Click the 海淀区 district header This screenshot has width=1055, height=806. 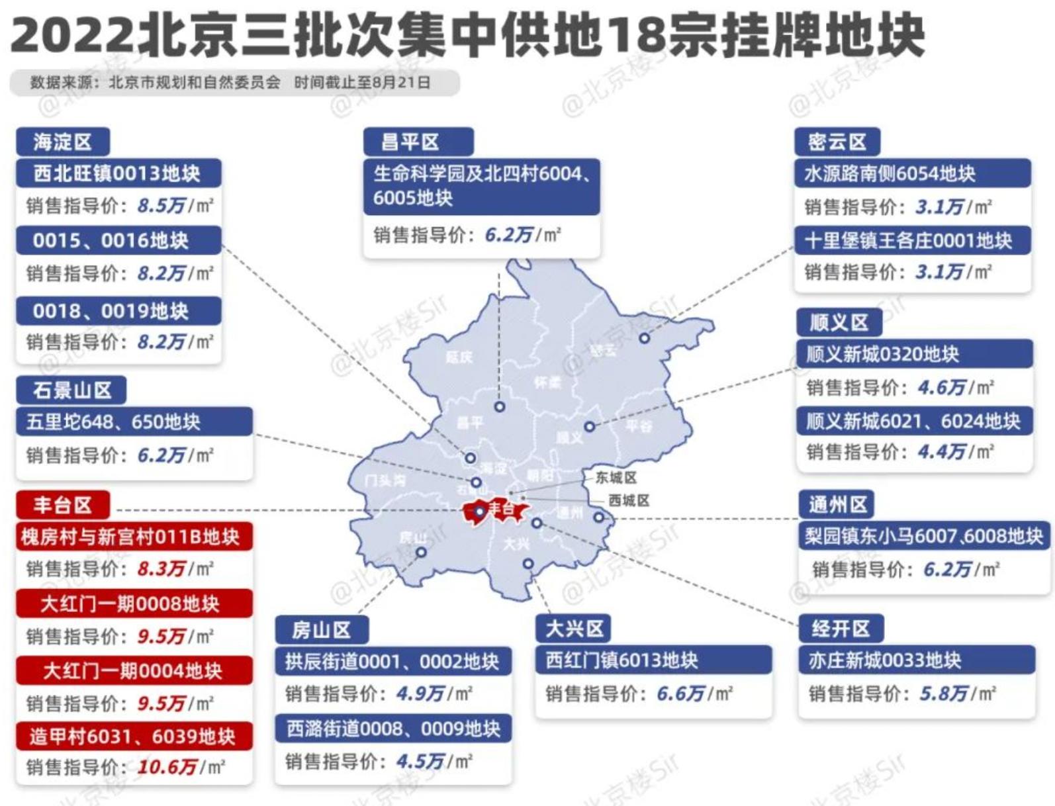(x=62, y=142)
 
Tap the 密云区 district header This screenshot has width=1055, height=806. (x=837, y=142)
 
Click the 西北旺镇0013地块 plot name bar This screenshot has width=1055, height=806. (x=118, y=173)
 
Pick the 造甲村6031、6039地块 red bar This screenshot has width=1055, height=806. (x=133, y=736)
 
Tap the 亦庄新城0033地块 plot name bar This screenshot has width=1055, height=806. (x=916, y=660)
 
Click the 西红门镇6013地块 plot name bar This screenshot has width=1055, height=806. (x=653, y=660)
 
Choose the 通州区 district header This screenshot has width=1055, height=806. (x=837, y=505)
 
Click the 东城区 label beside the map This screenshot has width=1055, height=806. (x=616, y=477)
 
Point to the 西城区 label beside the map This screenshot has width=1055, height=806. (x=628, y=500)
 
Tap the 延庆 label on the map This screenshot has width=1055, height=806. (x=459, y=357)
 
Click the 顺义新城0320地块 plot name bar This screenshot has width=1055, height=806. (x=913, y=354)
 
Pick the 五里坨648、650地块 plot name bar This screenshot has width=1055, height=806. (x=134, y=422)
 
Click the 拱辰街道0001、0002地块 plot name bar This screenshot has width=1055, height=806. (x=392, y=661)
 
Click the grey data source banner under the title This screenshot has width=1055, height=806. (x=233, y=83)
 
